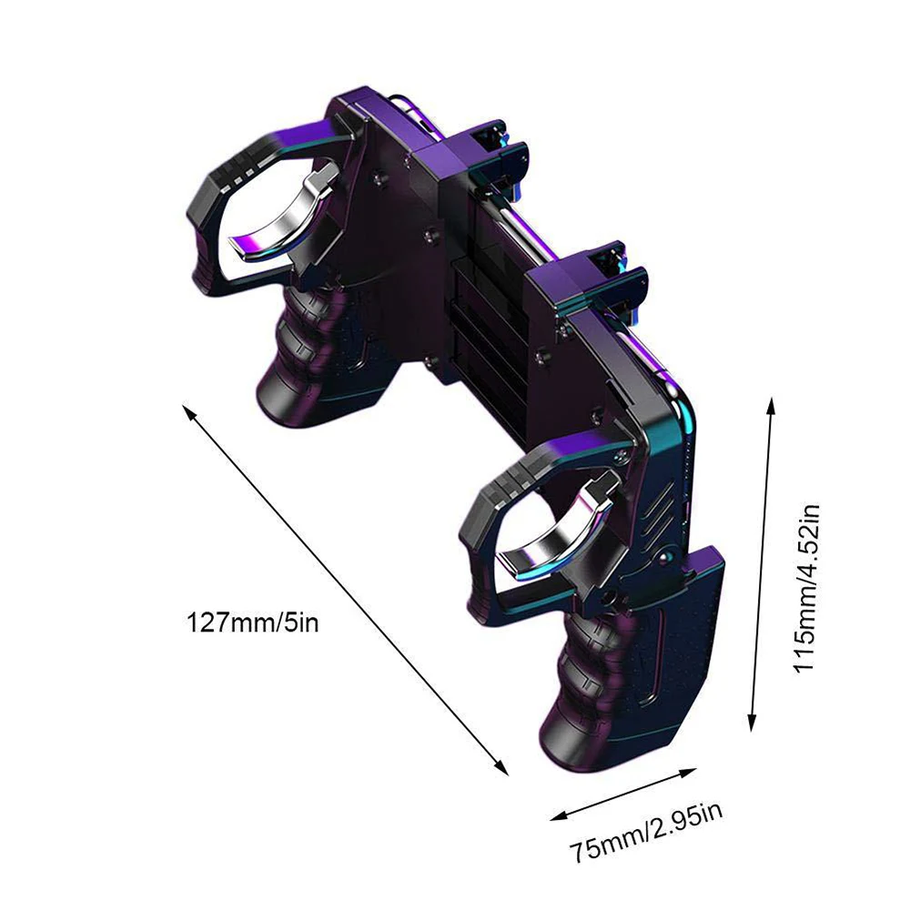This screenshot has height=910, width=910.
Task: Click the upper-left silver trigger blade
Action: coord(288,217)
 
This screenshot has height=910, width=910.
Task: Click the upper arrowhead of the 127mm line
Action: coord(187,411)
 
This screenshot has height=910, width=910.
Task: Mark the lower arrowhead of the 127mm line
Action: coord(503,770)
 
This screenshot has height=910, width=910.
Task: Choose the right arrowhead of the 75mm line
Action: coord(692,772)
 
